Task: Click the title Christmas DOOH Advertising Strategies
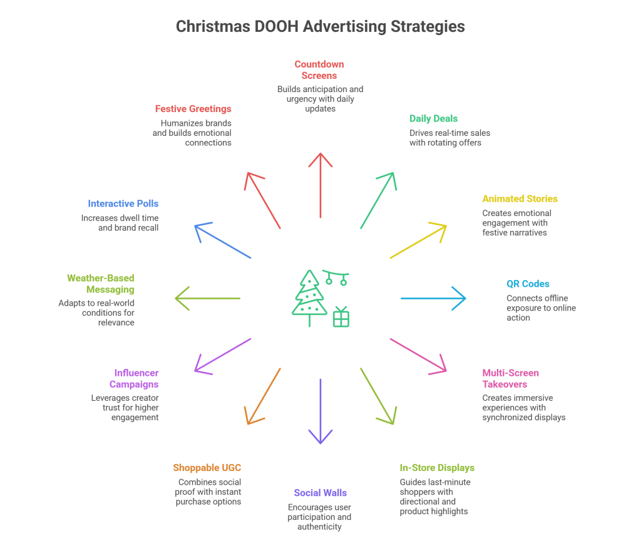coord(320,27)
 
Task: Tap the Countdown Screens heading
coord(319,70)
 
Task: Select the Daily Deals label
coord(433,118)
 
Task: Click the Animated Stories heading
coord(520,199)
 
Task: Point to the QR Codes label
coord(528,284)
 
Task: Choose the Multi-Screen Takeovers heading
coord(510,379)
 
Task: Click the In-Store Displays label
coord(437,468)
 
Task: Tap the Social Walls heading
coord(320,493)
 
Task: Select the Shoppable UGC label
coord(207,468)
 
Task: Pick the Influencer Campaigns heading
coord(136,379)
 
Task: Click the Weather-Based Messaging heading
coord(101,284)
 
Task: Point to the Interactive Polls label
coord(123,204)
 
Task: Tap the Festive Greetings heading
coord(193,109)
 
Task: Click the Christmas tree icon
coord(309,297)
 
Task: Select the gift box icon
coord(341,317)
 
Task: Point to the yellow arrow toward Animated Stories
coord(418,241)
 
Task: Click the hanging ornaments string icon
coord(336,277)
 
